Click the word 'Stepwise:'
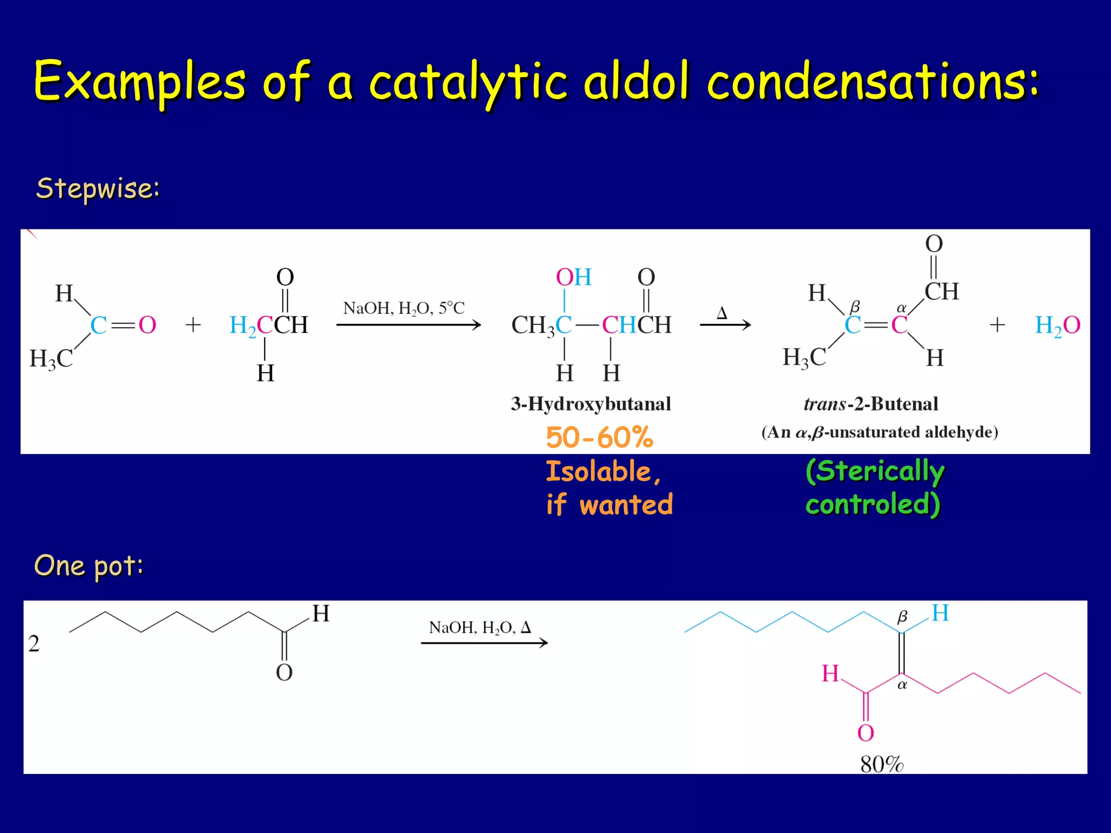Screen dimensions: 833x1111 (98, 188)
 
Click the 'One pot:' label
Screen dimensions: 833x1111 (89, 566)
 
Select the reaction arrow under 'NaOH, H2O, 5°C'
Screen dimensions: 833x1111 (408, 325)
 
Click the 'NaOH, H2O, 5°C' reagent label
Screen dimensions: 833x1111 (404, 308)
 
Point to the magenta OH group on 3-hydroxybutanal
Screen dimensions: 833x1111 (573, 277)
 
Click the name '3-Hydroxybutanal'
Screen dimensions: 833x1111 (591, 403)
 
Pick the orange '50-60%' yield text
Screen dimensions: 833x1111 (599, 437)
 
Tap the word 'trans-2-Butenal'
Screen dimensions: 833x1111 (871, 403)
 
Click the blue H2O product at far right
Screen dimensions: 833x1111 (1057, 325)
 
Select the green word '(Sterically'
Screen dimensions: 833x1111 (875, 470)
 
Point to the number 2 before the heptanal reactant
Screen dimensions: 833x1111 (34, 643)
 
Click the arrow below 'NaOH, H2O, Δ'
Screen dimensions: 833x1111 (484, 643)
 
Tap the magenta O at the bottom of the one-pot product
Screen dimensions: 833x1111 (866, 733)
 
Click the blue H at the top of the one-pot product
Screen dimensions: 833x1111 (940, 613)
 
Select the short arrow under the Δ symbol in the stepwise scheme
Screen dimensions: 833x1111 (725, 325)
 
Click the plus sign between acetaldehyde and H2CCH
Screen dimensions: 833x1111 (193, 325)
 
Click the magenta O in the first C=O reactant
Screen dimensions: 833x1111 (148, 325)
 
